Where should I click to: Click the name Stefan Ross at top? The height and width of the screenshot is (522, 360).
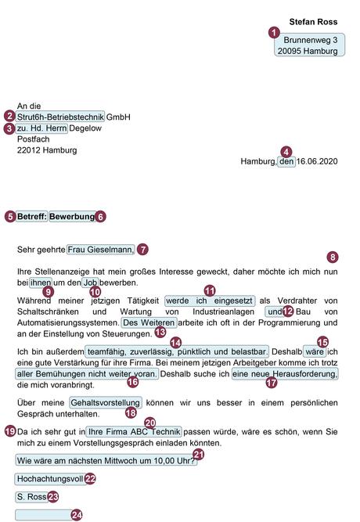pyautogui.click(x=312, y=22)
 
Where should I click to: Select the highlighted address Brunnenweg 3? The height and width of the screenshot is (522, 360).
pyautogui.click(x=310, y=39)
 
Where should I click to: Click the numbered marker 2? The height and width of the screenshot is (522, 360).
pyautogui.click(x=9, y=116)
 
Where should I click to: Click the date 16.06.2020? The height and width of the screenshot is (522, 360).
pyautogui.click(x=317, y=162)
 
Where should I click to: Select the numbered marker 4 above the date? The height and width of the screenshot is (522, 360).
pyautogui.click(x=286, y=152)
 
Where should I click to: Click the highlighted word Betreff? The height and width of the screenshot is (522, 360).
pyautogui.click(x=31, y=216)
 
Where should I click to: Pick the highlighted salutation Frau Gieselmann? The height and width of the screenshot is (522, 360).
pyautogui.click(x=101, y=250)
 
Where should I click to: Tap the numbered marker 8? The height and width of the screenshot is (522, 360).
pyautogui.click(x=333, y=257)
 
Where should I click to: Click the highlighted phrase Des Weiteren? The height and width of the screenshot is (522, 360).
pyautogui.click(x=149, y=322)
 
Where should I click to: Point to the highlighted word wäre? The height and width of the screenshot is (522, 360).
pyautogui.click(x=315, y=351)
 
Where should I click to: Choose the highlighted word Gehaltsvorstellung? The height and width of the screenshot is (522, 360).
pyautogui.click(x=105, y=402)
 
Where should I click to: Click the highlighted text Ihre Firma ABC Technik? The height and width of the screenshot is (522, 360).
pyautogui.click(x=134, y=431)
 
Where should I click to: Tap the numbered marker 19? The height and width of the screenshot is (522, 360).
pyautogui.click(x=9, y=430)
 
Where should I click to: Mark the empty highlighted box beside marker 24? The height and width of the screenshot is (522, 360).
pyautogui.click(x=42, y=514)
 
